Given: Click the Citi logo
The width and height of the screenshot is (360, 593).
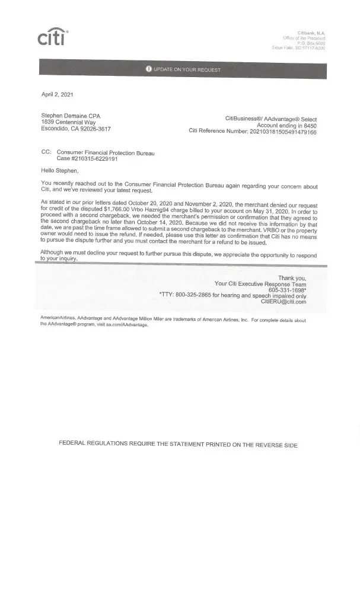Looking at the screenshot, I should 53,36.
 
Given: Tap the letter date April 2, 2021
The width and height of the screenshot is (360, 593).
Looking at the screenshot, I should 58,94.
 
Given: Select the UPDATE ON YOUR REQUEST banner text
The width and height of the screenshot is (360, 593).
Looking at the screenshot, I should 187,70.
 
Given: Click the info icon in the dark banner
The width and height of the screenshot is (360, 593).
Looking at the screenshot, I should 148,69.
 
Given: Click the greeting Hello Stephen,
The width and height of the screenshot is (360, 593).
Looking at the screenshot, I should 60,171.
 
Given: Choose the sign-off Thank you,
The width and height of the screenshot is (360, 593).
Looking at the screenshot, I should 292,278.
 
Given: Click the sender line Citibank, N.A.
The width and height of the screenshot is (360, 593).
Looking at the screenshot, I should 311,33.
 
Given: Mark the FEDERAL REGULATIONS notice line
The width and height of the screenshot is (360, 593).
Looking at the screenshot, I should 178,445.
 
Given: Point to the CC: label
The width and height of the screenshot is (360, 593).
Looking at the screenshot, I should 46,152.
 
